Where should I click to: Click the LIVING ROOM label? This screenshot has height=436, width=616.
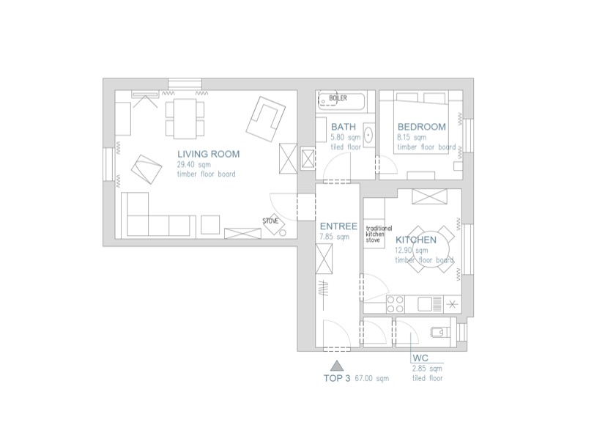pyautogui.click(x=208, y=154)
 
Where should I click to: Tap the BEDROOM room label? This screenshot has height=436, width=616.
pyautogui.click(x=422, y=127)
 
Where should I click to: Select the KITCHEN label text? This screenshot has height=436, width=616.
pyautogui.click(x=415, y=240)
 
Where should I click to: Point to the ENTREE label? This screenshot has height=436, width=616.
pyautogui.click(x=338, y=226)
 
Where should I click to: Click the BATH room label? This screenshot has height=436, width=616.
pyautogui.click(x=344, y=127)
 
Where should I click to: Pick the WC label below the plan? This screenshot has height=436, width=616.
pyautogui.click(x=420, y=358)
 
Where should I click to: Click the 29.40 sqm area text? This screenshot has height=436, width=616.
pyautogui.click(x=193, y=165)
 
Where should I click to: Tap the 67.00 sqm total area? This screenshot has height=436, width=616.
pyautogui.click(x=371, y=378)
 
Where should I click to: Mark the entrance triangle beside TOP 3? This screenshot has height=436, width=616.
pyautogui.click(x=337, y=366)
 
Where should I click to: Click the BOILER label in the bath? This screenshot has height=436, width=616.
pyautogui.click(x=338, y=98)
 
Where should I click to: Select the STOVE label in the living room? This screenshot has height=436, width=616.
pyautogui.click(x=270, y=221)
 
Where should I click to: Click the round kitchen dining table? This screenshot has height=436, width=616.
pyautogui.click(x=431, y=249)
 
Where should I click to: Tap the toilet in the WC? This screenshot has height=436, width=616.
pyautogui.click(x=439, y=332)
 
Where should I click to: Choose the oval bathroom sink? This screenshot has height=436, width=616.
pyautogui.click(x=368, y=135)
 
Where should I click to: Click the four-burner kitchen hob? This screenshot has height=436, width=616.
pyautogui.click(x=396, y=304)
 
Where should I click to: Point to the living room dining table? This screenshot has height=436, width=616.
pyautogui.click(x=185, y=119)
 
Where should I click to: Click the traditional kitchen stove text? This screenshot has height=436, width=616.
pyautogui.click(x=379, y=234)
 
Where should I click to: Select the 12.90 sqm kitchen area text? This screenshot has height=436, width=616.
pyautogui.click(x=412, y=251)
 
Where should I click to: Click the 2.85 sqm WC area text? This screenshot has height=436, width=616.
pyautogui.click(x=427, y=369)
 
